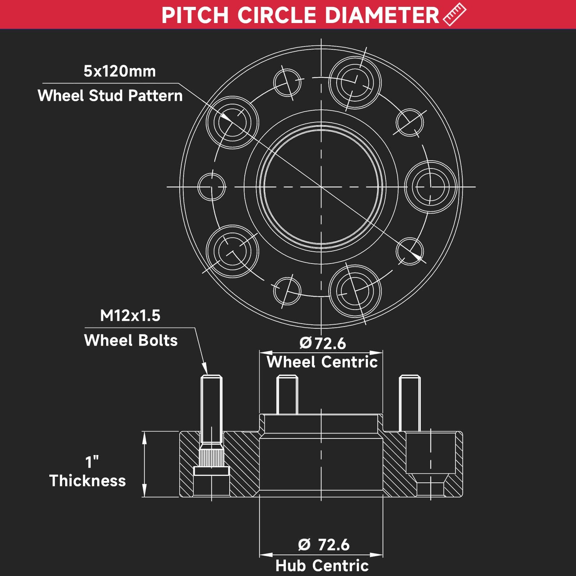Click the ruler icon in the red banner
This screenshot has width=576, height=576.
(x=454, y=14)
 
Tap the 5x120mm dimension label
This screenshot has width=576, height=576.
(x=120, y=71)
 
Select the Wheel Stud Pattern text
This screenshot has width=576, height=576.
(x=110, y=96)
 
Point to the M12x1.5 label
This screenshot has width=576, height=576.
(x=130, y=316)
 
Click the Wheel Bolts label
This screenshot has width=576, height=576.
(x=131, y=340)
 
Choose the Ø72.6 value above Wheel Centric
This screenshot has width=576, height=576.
(x=323, y=343)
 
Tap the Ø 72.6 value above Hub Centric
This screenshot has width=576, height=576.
(x=324, y=545)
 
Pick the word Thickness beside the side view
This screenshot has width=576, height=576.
(x=87, y=481)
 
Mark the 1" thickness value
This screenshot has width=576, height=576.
(x=92, y=462)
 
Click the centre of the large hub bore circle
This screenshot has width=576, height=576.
(x=321, y=187)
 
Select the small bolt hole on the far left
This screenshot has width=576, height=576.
(x=212, y=187)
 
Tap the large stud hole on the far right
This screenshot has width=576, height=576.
(x=431, y=187)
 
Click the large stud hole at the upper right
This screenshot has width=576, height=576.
(x=355, y=83)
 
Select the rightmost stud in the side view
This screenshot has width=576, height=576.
(x=410, y=403)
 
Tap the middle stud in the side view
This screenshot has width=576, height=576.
(x=287, y=395)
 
